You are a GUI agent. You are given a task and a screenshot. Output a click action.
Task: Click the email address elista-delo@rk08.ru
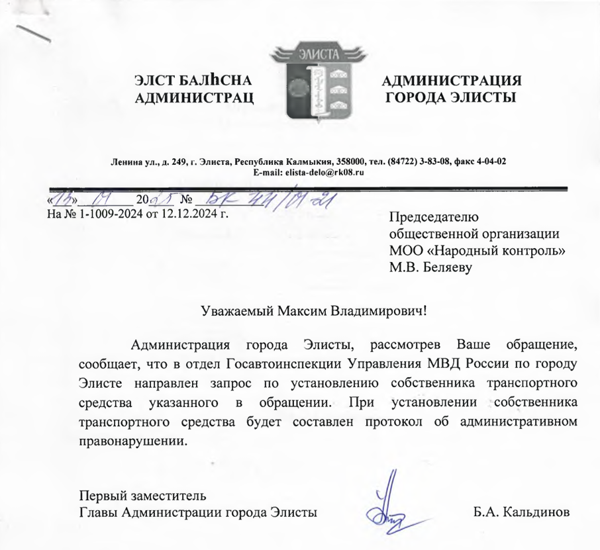pos(325,172)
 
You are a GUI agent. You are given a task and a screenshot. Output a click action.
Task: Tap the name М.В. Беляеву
pos(431,268)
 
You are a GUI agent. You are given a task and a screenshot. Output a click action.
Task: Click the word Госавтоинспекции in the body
pos(280,365)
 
